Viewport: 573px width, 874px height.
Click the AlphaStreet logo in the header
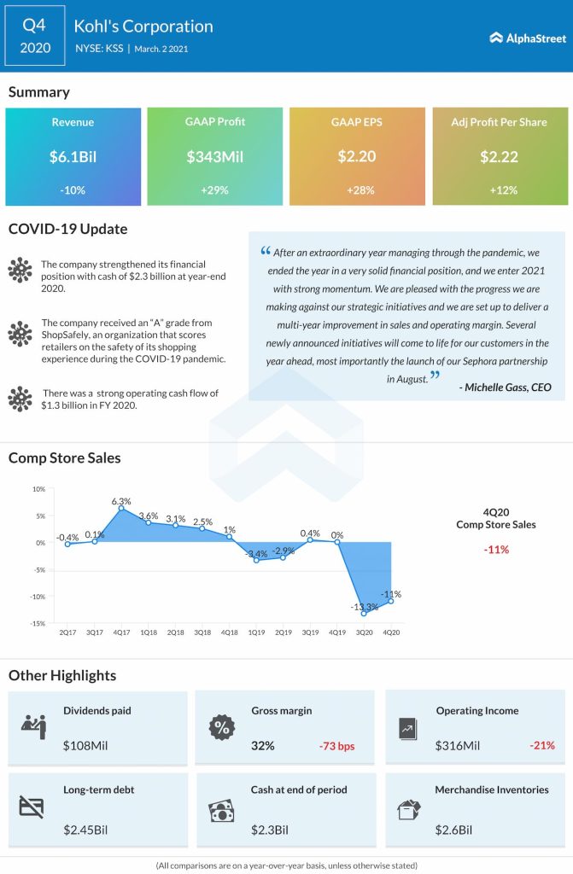523,38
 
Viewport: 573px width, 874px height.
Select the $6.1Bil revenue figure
73,156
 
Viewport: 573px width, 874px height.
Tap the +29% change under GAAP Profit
214,189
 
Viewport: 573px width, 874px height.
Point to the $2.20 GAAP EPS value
357,156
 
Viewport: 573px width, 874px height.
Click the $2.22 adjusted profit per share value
499,156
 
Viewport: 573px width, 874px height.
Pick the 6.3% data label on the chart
121,501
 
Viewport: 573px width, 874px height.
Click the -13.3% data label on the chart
360,606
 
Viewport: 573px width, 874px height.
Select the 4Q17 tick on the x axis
121,632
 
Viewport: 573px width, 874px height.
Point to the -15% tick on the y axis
38,623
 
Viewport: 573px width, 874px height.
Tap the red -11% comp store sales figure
496,550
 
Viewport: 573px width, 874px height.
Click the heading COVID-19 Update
67,229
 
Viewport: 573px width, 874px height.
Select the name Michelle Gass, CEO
505,387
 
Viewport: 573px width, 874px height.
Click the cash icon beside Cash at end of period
221,809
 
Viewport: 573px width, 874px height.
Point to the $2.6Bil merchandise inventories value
454,829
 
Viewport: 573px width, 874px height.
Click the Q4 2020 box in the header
35,36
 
